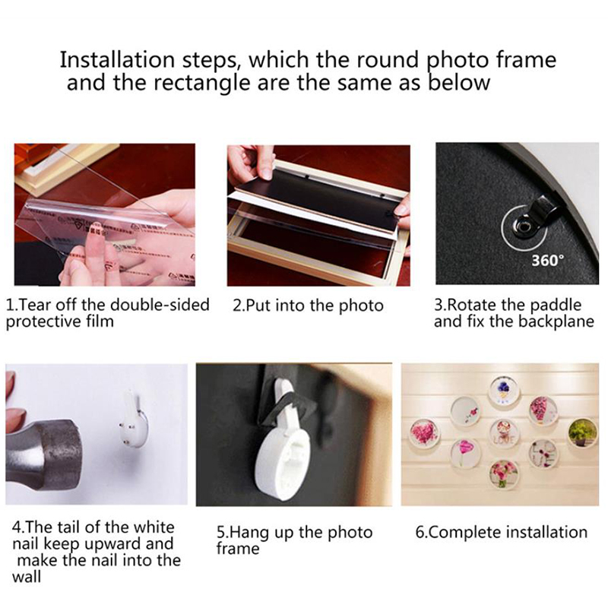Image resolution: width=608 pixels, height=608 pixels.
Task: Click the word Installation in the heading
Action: click(117, 60)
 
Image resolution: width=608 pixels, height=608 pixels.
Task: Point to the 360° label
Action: click(547, 260)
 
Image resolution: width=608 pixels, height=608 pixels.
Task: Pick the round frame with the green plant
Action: click(582, 431)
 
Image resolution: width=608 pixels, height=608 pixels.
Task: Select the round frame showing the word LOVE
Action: click(504, 432)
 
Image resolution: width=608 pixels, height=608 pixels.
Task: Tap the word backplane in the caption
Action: click(556, 321)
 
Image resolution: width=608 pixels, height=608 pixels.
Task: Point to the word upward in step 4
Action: click(112, 544)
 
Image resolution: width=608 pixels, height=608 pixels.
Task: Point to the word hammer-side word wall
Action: click(27, 577)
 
